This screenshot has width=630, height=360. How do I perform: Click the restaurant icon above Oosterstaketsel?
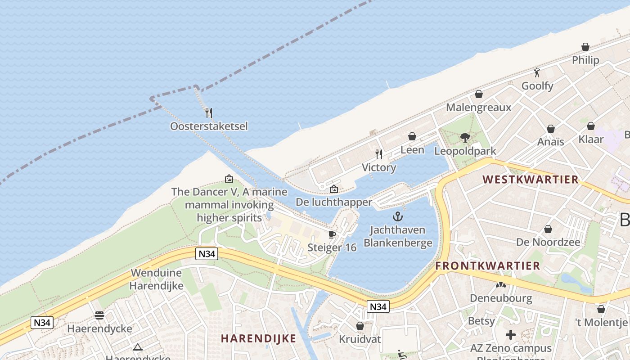pos(208,112)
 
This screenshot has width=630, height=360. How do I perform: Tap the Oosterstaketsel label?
pos(209,126)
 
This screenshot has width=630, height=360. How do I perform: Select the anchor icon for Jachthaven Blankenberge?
pos(398,216)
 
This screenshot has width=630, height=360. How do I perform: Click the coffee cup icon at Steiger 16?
pos(332,234)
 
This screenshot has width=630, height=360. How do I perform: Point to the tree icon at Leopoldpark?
pos(465,138)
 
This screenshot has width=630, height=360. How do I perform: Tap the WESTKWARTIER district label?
pos(530,180)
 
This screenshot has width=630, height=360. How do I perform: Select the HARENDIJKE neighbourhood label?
pos(258,339)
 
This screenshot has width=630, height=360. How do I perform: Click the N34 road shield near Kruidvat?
pos(378,306)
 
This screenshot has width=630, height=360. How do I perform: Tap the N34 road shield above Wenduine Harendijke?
pos(207,254)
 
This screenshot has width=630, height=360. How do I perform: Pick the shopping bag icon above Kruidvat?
pos(360,325)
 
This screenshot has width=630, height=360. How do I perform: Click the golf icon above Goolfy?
pos(537,72)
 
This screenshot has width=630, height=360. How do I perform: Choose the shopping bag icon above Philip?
pos(585,47)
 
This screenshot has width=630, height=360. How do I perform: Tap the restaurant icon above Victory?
pos(379,154)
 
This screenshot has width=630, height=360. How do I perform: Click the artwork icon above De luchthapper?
pos(333,189)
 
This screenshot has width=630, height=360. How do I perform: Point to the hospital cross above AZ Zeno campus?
pos(510,335)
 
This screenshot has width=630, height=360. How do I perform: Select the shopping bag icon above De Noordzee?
pos(548,229)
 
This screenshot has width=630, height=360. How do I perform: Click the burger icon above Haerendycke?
pos(99,315)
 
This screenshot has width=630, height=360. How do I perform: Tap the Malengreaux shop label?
pos(478,108)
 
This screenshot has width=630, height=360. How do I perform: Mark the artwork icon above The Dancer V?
pos(229,179)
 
